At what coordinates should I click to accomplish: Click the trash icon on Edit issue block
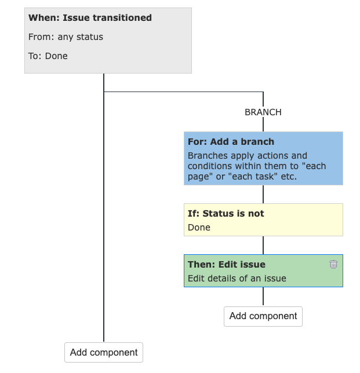coord(333,264)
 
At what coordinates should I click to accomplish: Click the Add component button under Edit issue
coord(263,316)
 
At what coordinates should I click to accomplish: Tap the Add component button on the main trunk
coord(104,352)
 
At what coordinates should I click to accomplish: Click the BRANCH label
coord(263,112)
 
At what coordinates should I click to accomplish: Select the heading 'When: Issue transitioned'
coord(90,18)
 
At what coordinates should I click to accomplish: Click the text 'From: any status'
coord(66,37)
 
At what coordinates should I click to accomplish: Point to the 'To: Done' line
coord(48,56)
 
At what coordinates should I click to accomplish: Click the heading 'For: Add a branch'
coord(231,141)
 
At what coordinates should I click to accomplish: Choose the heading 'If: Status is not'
coord(226,213)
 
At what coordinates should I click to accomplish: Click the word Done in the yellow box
coord(199,227)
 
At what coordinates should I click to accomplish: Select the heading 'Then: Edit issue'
coord(226,264)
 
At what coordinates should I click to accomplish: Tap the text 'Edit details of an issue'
coord(237,278)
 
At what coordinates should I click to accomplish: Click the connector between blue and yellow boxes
coord(263,194)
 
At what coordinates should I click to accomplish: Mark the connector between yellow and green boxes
coord(263,245)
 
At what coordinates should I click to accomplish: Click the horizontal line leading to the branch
coord(183,92)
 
